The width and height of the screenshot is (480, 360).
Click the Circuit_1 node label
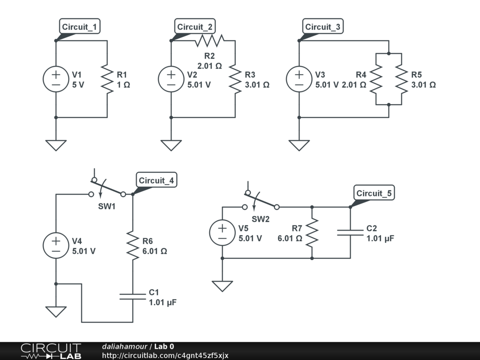(80, 27)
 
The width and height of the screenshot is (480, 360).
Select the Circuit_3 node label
(322, 27)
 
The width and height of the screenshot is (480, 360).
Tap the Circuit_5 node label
(375, 193)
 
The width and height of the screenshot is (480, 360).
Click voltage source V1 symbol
(56, 79)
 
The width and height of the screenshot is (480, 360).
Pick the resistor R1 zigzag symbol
(107, 79)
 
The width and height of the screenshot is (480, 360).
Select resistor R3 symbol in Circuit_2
(235, 79)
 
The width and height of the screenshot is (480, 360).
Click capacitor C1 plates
(133, 296)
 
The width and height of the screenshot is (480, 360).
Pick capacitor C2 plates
(350, 232)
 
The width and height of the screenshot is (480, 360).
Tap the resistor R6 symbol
(133, 245)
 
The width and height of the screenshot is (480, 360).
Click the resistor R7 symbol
(312, 232)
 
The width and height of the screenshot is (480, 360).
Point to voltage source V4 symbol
(56, 245)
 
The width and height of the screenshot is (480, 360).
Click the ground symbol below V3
(299, 145)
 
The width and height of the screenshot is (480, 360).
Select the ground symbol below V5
(222, 285)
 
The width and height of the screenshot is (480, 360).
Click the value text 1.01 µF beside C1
(163, 302)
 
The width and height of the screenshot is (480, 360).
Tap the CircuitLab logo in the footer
(51, 351)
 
